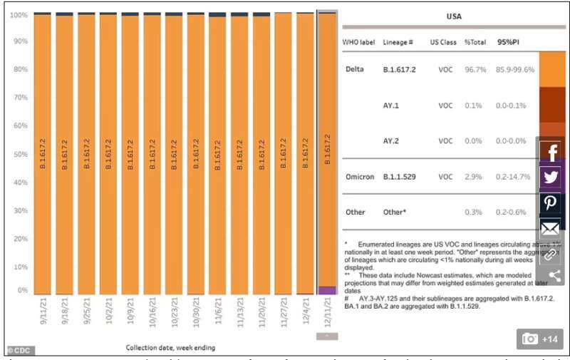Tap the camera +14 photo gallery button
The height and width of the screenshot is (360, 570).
click(540, 339)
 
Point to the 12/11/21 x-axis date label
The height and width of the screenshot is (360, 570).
click(328, 312)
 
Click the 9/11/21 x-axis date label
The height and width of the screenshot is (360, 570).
click(43, 312)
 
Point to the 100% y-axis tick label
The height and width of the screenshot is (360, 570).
click(19, 15)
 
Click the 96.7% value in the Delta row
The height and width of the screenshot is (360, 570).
click(475, 70)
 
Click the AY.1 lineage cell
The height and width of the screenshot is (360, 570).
click(391, 106)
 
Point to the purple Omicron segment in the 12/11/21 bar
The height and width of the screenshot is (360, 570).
click(327, 290)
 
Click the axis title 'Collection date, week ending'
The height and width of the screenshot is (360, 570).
click(171, 348)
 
